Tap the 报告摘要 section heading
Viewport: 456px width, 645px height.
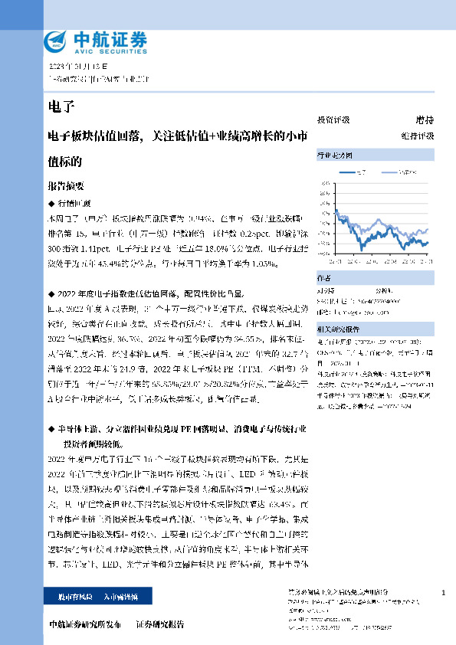[66, 185]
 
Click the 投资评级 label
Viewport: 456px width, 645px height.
[333, 120]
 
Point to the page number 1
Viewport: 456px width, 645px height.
[444, 593]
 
